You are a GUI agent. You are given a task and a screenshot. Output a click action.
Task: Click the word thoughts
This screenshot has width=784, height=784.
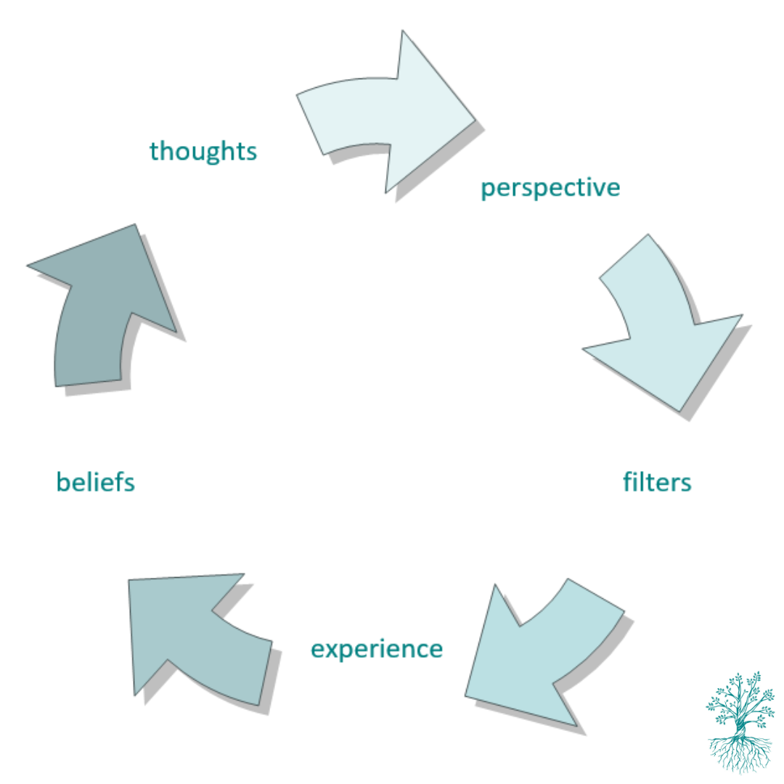tap(203, 151)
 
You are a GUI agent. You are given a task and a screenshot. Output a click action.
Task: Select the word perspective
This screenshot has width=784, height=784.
tap(550, 189)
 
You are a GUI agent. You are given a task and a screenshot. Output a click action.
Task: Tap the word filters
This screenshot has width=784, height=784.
tap(657, 482)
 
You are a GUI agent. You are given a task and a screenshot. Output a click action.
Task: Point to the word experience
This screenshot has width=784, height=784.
tap(377, 650)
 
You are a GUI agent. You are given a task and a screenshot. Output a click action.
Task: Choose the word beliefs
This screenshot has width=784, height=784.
tap(96, 482)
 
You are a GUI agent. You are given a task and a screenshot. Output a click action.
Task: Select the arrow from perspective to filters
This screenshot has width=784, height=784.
tap(660, 320)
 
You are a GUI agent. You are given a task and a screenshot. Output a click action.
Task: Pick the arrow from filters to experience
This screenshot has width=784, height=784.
tap(545, 650)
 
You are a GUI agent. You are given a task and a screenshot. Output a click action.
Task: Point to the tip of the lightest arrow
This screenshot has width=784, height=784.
tap(475, 120)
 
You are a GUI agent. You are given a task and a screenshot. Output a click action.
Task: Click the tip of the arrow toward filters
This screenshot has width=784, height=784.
tap(680, 412)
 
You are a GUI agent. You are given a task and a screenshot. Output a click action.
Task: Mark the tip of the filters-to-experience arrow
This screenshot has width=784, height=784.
tap(465, 695)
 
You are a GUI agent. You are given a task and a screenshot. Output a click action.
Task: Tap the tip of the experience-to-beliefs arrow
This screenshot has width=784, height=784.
tap(129, 581)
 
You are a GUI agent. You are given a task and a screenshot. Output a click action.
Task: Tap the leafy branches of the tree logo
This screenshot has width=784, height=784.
tap(740, 700)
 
